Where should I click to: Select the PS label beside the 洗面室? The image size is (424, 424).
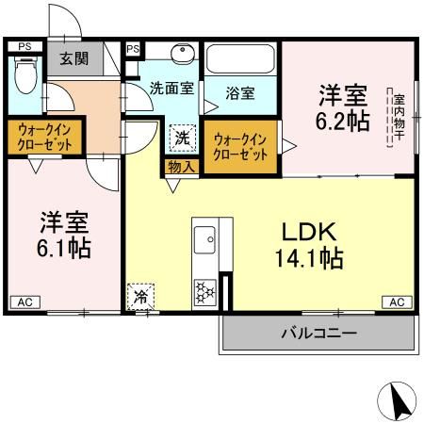(133, 49)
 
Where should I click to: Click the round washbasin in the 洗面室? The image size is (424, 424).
(183, 55)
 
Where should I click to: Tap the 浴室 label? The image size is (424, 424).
(240, 93)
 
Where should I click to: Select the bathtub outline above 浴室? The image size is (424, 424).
(239, 62)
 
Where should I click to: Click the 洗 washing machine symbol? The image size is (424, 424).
(182, 138)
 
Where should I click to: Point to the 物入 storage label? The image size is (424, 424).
(181, 167)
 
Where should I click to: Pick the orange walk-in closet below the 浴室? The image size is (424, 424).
(242, 146)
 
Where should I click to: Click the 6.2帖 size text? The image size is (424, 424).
(343, 121)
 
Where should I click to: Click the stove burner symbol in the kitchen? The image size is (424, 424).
(204, 293)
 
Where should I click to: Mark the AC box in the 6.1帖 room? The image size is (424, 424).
(25, 302)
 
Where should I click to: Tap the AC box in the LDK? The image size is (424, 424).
(396, 302)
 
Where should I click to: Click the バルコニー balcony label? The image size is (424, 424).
(318, 333)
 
